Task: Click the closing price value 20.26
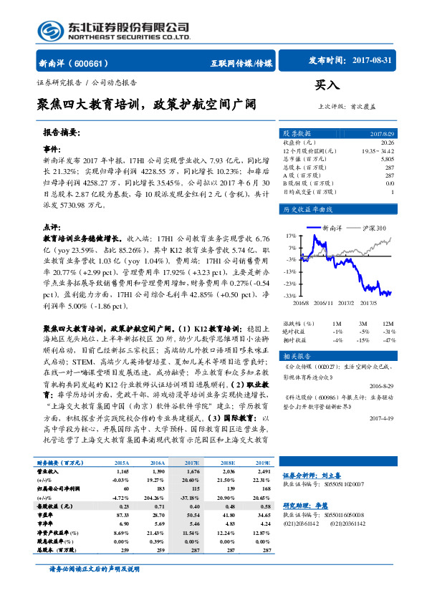[x=387, y=142]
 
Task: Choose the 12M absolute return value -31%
[x=388, y=331]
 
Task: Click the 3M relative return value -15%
[x=365, y=339]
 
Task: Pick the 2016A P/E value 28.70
[x=159, y=514]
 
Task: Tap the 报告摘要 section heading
[x=60, y=132]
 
